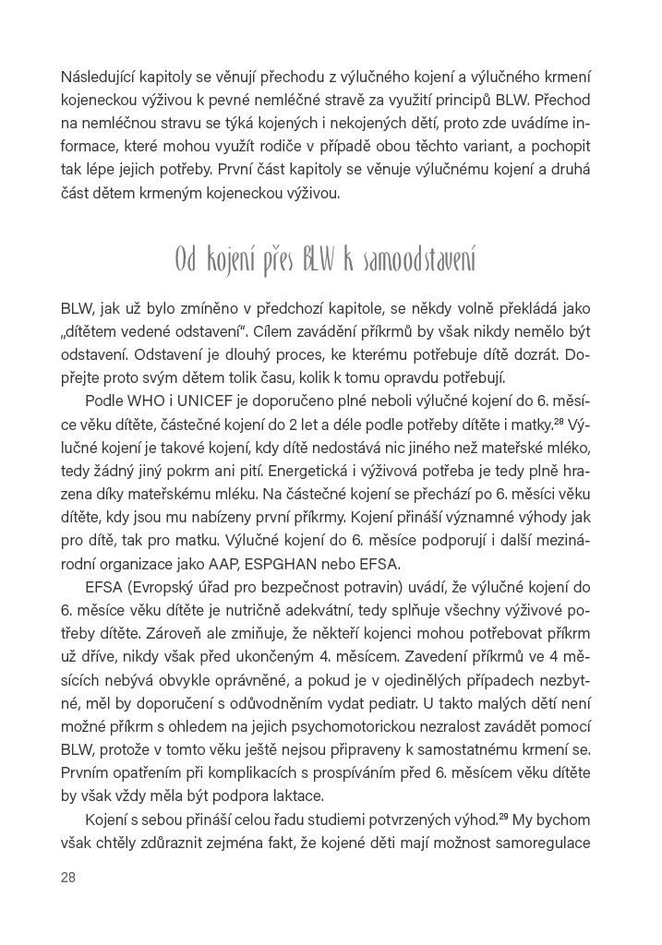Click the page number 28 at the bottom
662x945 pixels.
pos(67,877)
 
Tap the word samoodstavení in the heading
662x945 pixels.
pos(431,261)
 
